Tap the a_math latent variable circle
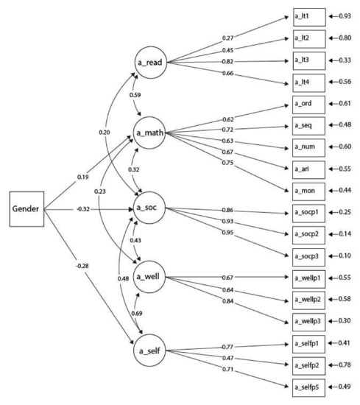coord(149,133)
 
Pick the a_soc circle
coord(149,210)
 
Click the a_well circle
coord(149,278)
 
